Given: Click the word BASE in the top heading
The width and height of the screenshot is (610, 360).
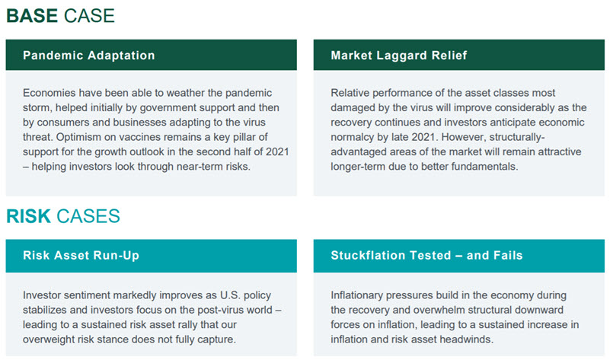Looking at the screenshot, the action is tap(32, 16).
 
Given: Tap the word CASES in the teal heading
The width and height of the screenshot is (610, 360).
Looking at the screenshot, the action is tap(88, 216).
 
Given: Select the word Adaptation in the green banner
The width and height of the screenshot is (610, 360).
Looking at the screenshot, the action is tap(121, 56).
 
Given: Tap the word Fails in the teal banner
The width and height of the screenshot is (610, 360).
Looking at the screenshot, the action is tap(508, 256).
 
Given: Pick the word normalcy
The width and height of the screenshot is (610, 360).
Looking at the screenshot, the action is tap(350, 137).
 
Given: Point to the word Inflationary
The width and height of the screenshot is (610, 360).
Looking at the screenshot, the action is tap(356, 295).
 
